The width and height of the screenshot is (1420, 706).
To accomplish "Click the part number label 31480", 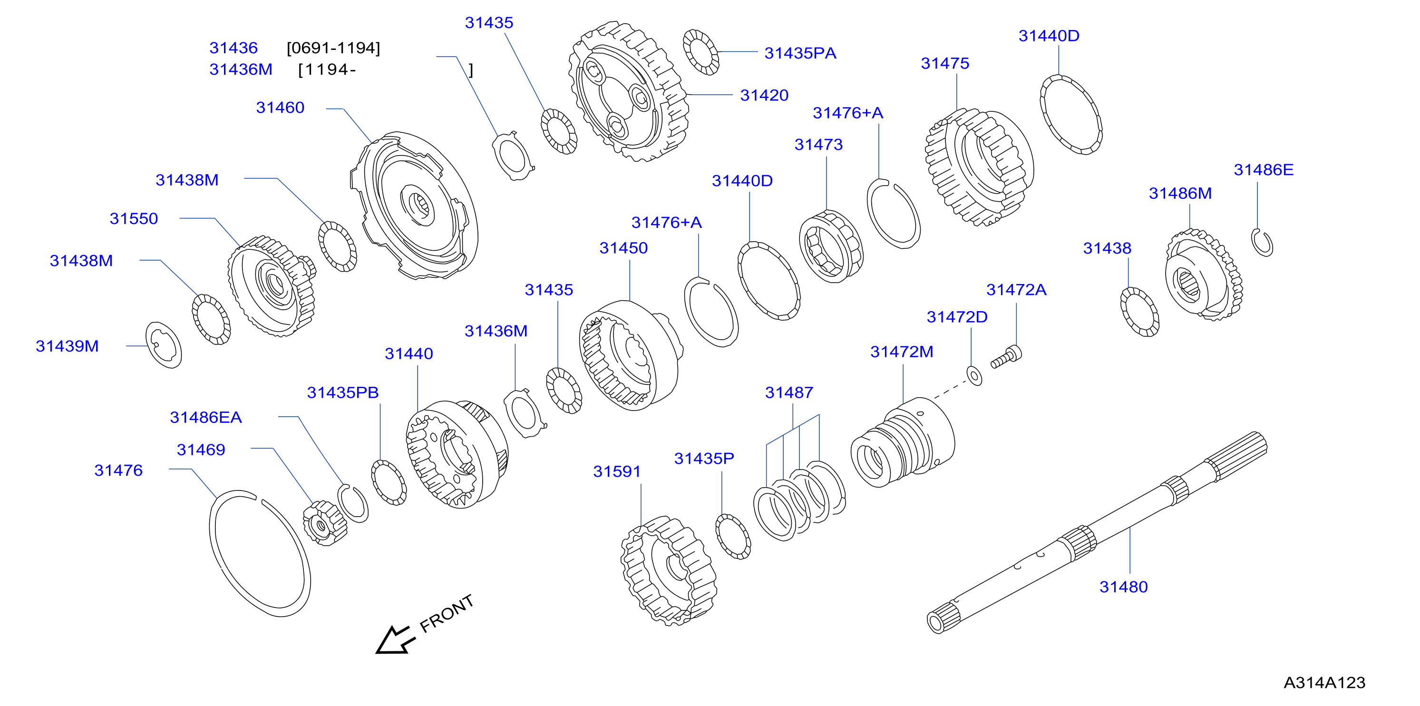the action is coord(1123,587).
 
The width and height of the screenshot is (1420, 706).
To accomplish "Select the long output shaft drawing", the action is coord(1097,532).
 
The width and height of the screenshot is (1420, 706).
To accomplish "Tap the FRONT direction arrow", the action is coord(395,640).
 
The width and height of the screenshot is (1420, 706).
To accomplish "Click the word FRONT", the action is coord(447,613).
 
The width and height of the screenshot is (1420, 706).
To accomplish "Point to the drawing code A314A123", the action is coord(1324,683).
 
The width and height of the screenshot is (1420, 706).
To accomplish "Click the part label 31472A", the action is coord(1016,290).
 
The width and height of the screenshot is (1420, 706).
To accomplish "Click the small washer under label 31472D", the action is coord(974,376).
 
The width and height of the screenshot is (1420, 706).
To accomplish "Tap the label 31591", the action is coord(617,471).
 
